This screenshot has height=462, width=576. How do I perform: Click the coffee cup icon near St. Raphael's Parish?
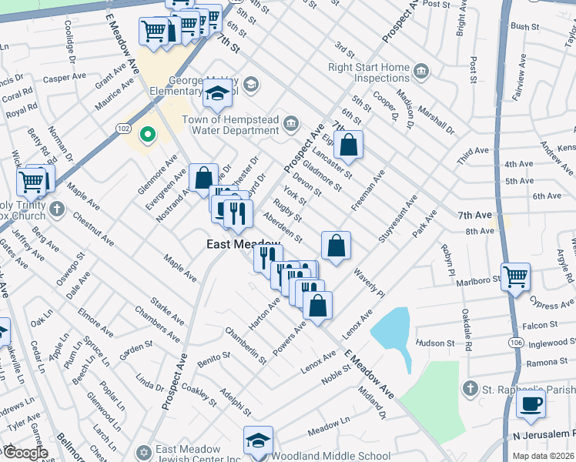[530, 403]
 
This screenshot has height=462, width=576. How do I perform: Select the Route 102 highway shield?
[125, 128]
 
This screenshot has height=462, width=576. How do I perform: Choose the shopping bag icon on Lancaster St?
[348, 144]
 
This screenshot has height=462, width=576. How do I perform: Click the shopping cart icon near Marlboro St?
[515, 276]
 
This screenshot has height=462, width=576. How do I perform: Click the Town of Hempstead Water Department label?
[229, 125]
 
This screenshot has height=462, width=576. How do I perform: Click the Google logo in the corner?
[25, 452]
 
